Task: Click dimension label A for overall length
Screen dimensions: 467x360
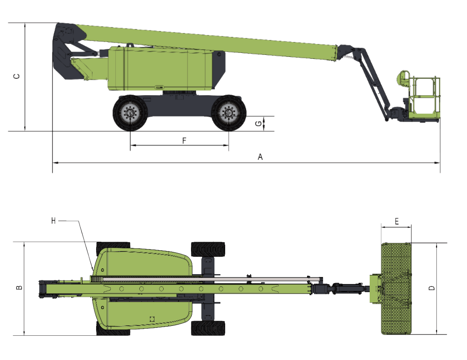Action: pyautogui.click(x=260, y=157)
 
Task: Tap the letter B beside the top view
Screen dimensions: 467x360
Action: pyautogui.click(x=19, y=288)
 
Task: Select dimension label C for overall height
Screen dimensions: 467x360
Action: pyautogui.click(x=17, y=76)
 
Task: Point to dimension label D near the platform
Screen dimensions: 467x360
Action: pyautogui.click(x=432, y=288)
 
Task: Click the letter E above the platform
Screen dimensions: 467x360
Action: pyautogui.click(x=396, y=221)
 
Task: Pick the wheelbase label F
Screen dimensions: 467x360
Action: pyautogui.click(x=184, y=140)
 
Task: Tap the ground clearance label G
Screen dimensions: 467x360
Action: pyautogui.click(x=259, y=123)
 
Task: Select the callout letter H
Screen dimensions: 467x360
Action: pyautogui.click(x=53, y=221)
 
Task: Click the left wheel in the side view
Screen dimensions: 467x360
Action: pyautogui.click(x=130, y=113)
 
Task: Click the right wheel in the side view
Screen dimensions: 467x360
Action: pyautogui.click(x=229, y=113)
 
